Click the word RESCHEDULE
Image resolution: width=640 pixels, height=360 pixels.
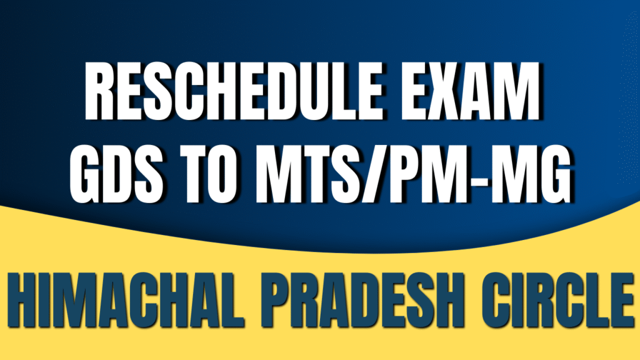click(234, 91)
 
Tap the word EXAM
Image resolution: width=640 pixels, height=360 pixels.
click(470, 91)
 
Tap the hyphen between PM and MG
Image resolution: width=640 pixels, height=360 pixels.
click(487, 176)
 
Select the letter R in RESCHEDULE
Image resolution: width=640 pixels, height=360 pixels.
click(101, 91)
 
